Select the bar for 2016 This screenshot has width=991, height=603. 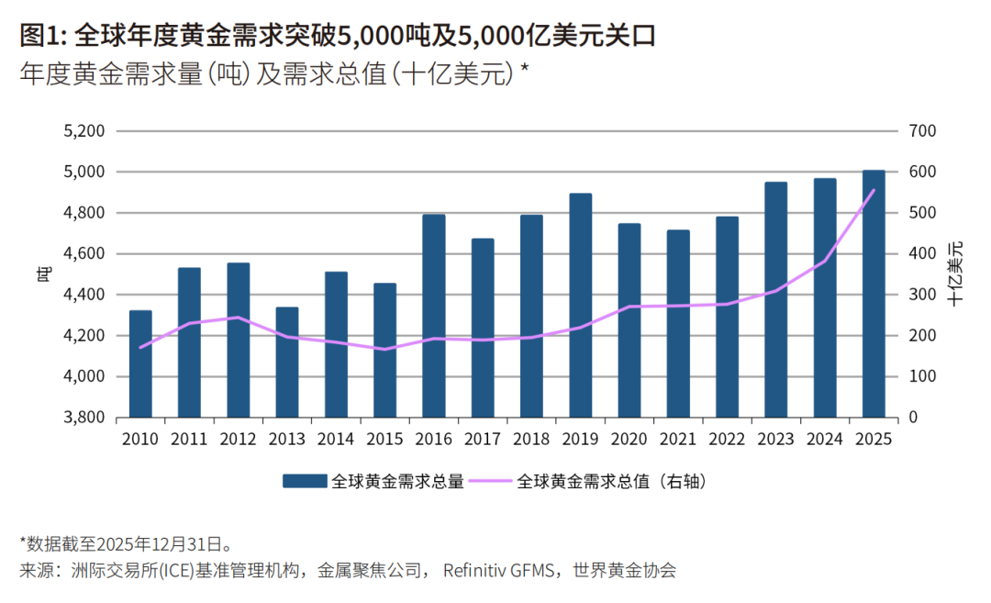[x=434, y=316]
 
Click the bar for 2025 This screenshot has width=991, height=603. [x=874, y=294]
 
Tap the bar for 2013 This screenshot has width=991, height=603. [x=287, y=362]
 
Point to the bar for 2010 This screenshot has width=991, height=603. [x=140, y=363]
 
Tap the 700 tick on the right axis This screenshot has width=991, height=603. [x=922, y=131]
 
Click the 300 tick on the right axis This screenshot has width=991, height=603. [x=922, y=295]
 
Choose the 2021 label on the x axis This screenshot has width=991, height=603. [x=678, y=440]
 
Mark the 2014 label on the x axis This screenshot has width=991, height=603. [x=336, y=440]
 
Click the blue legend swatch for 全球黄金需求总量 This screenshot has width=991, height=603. [x=304, y=481]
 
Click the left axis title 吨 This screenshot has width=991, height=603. [x=42, y=274]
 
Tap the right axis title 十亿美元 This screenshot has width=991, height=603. [x=957, y=274]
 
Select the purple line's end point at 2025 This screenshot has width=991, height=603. [x=874, y=191]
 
